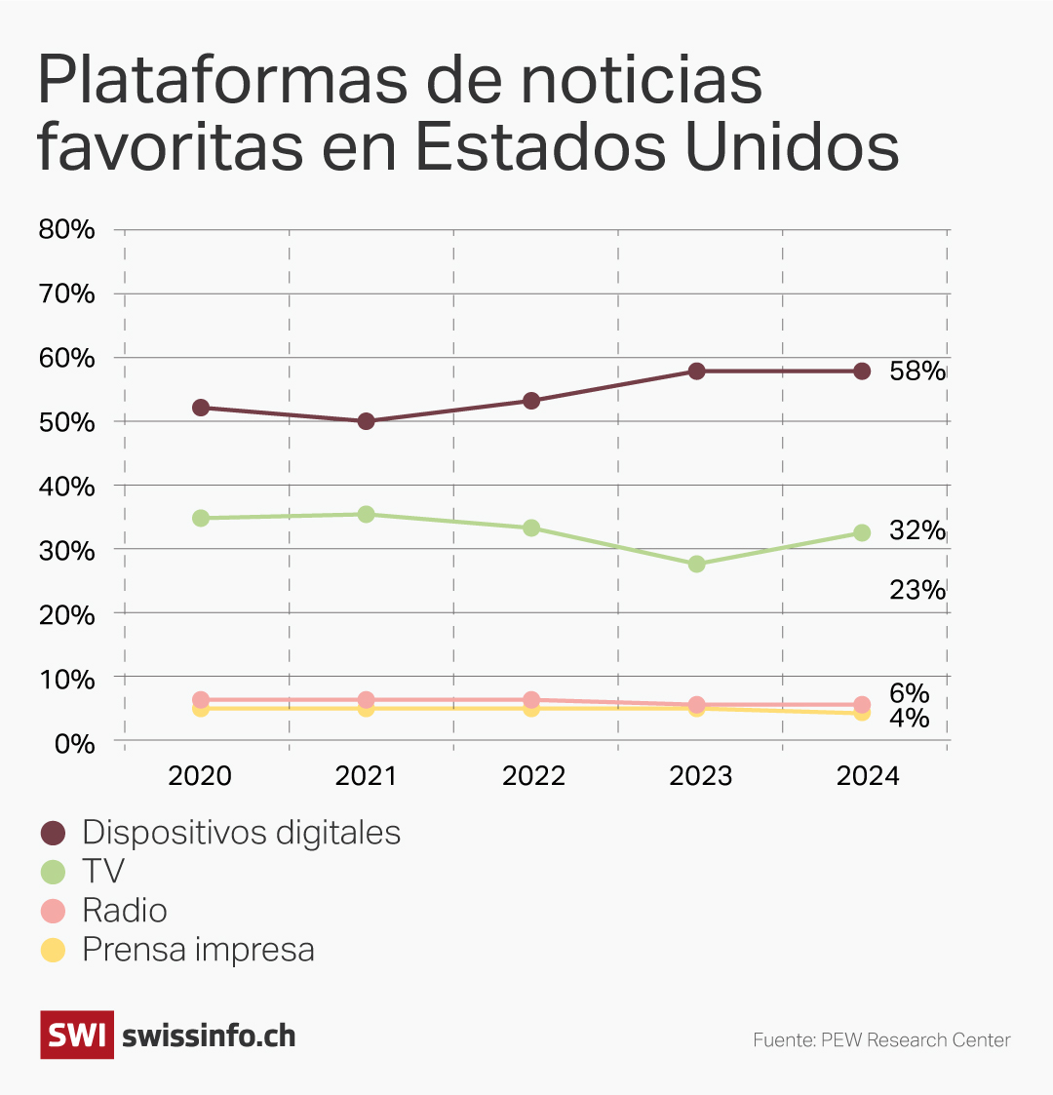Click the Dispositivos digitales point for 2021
[366, 421]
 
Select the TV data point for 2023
[696, 564]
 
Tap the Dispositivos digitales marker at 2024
[862, 372]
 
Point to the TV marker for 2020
[201, 518]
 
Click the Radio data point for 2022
[531, 699]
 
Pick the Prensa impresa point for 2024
[862, 713]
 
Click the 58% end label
[916, 372]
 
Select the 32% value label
[916, 530]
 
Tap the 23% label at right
[916, 590]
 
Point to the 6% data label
[909, 693]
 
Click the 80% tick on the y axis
[66, 230]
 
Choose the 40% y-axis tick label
[66, 487]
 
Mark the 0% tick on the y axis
[73, 743]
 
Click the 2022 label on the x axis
[533, 776]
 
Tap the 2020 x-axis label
[200, 776]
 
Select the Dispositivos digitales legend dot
[53, 833]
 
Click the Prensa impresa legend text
[198, 950]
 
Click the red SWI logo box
[77, 1035]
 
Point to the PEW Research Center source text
[881, 1040]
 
